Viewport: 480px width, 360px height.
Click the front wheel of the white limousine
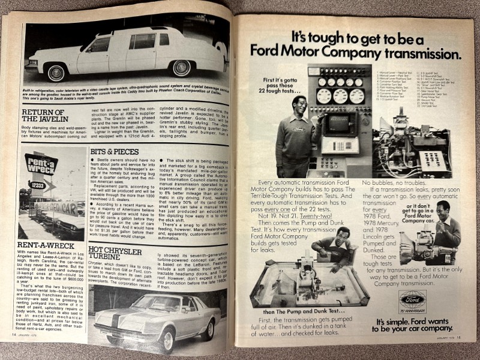[56, 73]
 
